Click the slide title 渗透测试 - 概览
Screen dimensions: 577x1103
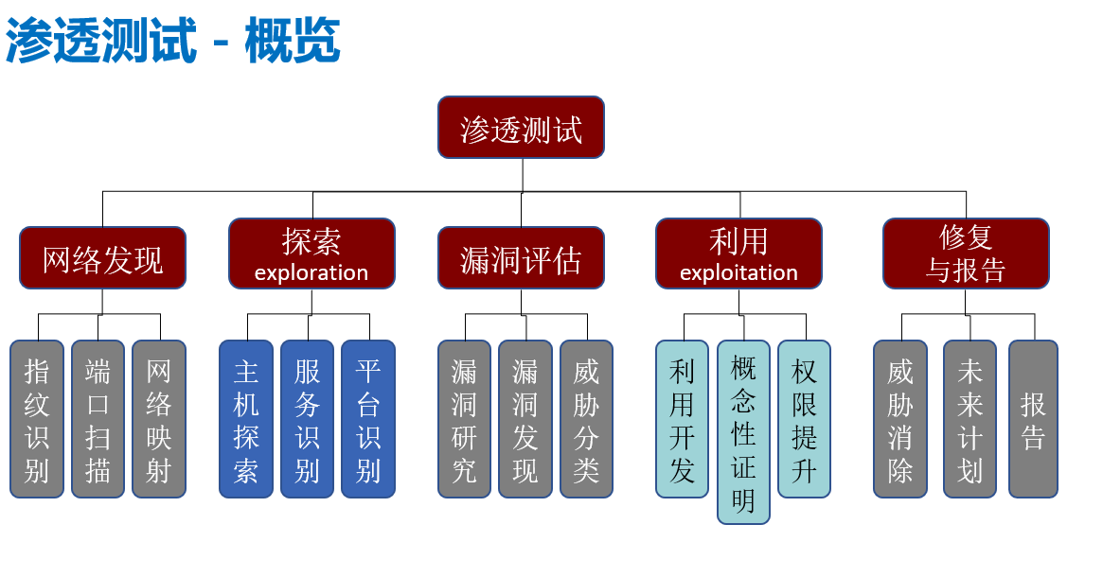(172, 41)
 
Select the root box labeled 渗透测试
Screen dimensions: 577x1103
(521, 128)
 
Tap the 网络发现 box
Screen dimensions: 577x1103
(102, 258)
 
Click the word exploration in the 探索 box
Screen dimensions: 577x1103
(311, 273)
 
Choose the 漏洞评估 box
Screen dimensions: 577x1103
(521, 258)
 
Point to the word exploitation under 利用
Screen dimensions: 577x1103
(738, 273)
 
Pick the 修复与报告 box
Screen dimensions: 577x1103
(966, 254)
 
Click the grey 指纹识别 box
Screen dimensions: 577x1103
(37, 419)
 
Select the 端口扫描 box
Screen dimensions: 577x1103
(98, 419)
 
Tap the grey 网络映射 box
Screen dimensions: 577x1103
(159, 419)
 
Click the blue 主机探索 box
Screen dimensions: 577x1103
(246, 419)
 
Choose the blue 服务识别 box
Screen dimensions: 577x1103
(307, 419)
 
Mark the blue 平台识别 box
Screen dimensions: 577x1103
(368, 419)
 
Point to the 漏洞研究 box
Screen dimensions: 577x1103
(464, 419)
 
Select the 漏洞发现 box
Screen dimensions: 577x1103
(525, 419)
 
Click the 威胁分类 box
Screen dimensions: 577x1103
(586, 419)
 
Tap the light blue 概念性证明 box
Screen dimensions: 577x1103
(743, 432)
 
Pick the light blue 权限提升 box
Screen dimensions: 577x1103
(805, 419)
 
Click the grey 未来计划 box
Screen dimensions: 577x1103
(970, 419)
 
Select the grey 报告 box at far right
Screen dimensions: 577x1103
(1033, 419)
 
